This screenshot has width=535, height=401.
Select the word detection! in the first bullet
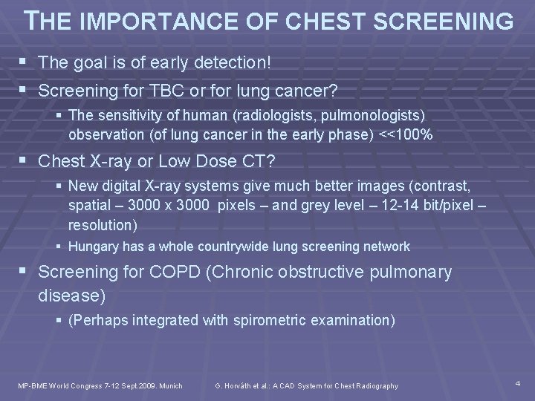click(234, 64)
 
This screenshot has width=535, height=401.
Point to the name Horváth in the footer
click(234, 385)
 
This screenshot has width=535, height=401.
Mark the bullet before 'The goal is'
click(26, 64)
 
